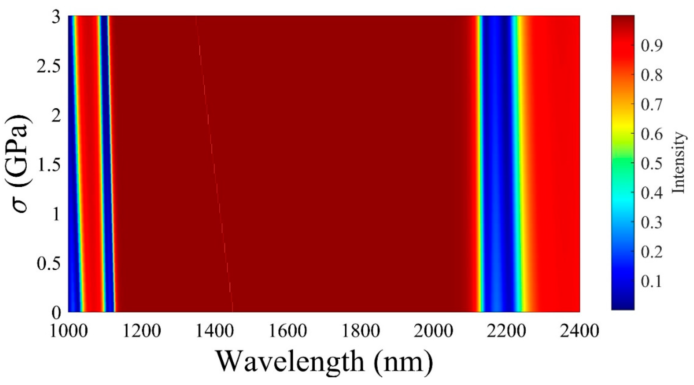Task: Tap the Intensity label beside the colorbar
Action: click(678, 163)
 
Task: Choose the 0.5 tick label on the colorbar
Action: click(651, 163)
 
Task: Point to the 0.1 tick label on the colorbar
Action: click(651, 281)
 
